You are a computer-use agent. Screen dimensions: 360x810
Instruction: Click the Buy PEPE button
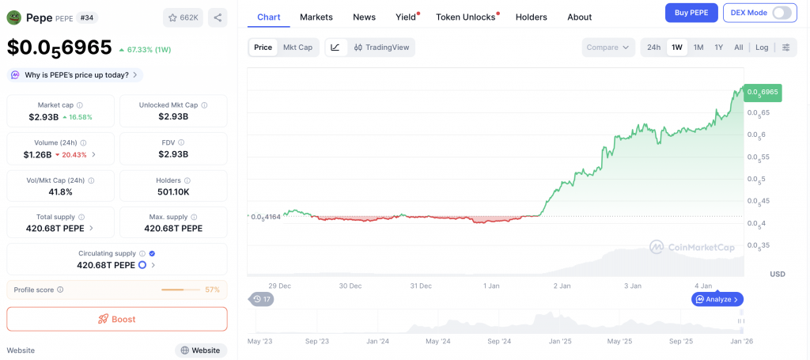tap(691, 13)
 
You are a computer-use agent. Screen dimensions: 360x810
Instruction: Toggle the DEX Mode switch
tap(782, 13)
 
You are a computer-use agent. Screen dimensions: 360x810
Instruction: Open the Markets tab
tap(316, 17)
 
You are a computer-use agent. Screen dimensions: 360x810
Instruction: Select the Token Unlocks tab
tap(466, 17)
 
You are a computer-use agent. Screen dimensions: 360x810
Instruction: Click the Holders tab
tap(531, 17)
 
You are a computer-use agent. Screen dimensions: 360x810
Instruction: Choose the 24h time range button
tap(653, 47)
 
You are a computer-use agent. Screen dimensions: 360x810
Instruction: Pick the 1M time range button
tap(698, 47)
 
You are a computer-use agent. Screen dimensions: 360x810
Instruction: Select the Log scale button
tap(762, 47)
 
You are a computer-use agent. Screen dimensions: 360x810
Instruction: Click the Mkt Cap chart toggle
tap(297, 47)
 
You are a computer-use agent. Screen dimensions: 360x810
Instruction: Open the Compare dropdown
tap(608, 47)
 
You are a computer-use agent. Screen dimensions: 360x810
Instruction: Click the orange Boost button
tap(117, 319)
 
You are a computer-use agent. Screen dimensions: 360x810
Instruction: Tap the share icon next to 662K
tap(218, 17)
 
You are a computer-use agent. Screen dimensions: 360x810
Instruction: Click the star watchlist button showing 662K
tap(183, 17)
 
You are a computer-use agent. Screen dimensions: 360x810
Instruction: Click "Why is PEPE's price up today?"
tap(75, 75)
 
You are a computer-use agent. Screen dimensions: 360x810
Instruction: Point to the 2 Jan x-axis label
tap(562, 286)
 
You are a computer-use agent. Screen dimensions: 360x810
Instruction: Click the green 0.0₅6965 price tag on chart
tap(763, 93)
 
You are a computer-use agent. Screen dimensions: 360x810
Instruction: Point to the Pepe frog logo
tap(13, 17)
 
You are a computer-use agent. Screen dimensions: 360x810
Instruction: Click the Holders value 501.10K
tap(173, 192)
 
